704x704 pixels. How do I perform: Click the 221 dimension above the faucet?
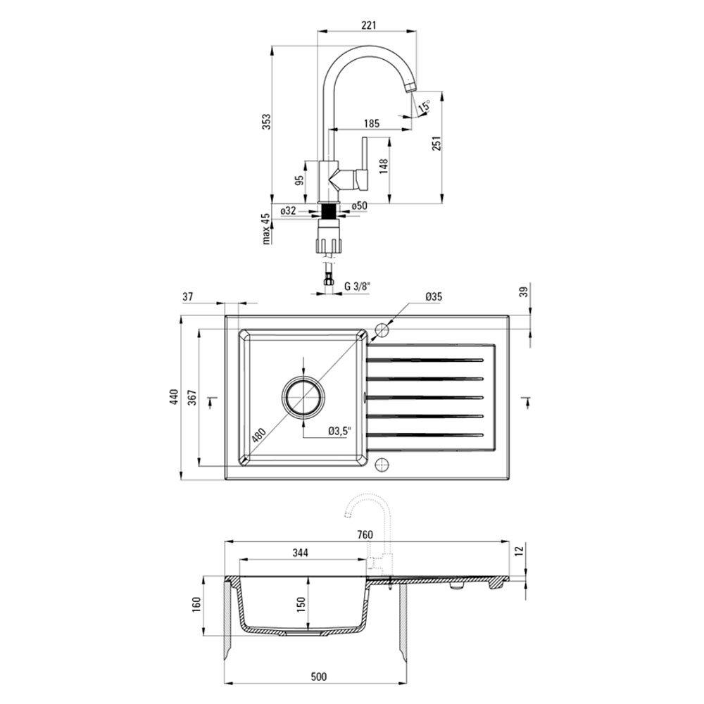[x=368, y=25]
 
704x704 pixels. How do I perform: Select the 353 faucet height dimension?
[x=267, y=122]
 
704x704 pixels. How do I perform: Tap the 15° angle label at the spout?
[x=424, y=106]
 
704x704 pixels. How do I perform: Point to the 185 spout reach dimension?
[x=372, y=123]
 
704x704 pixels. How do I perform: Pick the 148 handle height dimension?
[x=383, y=165]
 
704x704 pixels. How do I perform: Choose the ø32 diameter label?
[x=288, y=210]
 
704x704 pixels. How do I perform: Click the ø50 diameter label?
[x=359, y=206]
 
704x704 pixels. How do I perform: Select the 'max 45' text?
[x=266, y=229]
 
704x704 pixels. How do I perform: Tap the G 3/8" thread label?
[x=358, y=286]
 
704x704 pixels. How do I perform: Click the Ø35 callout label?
[x=434, y=296]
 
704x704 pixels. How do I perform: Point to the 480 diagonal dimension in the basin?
[x=258, y=435]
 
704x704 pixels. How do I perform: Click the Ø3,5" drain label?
[x=339, y=432]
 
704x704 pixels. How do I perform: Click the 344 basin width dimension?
[x=300, y=553]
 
